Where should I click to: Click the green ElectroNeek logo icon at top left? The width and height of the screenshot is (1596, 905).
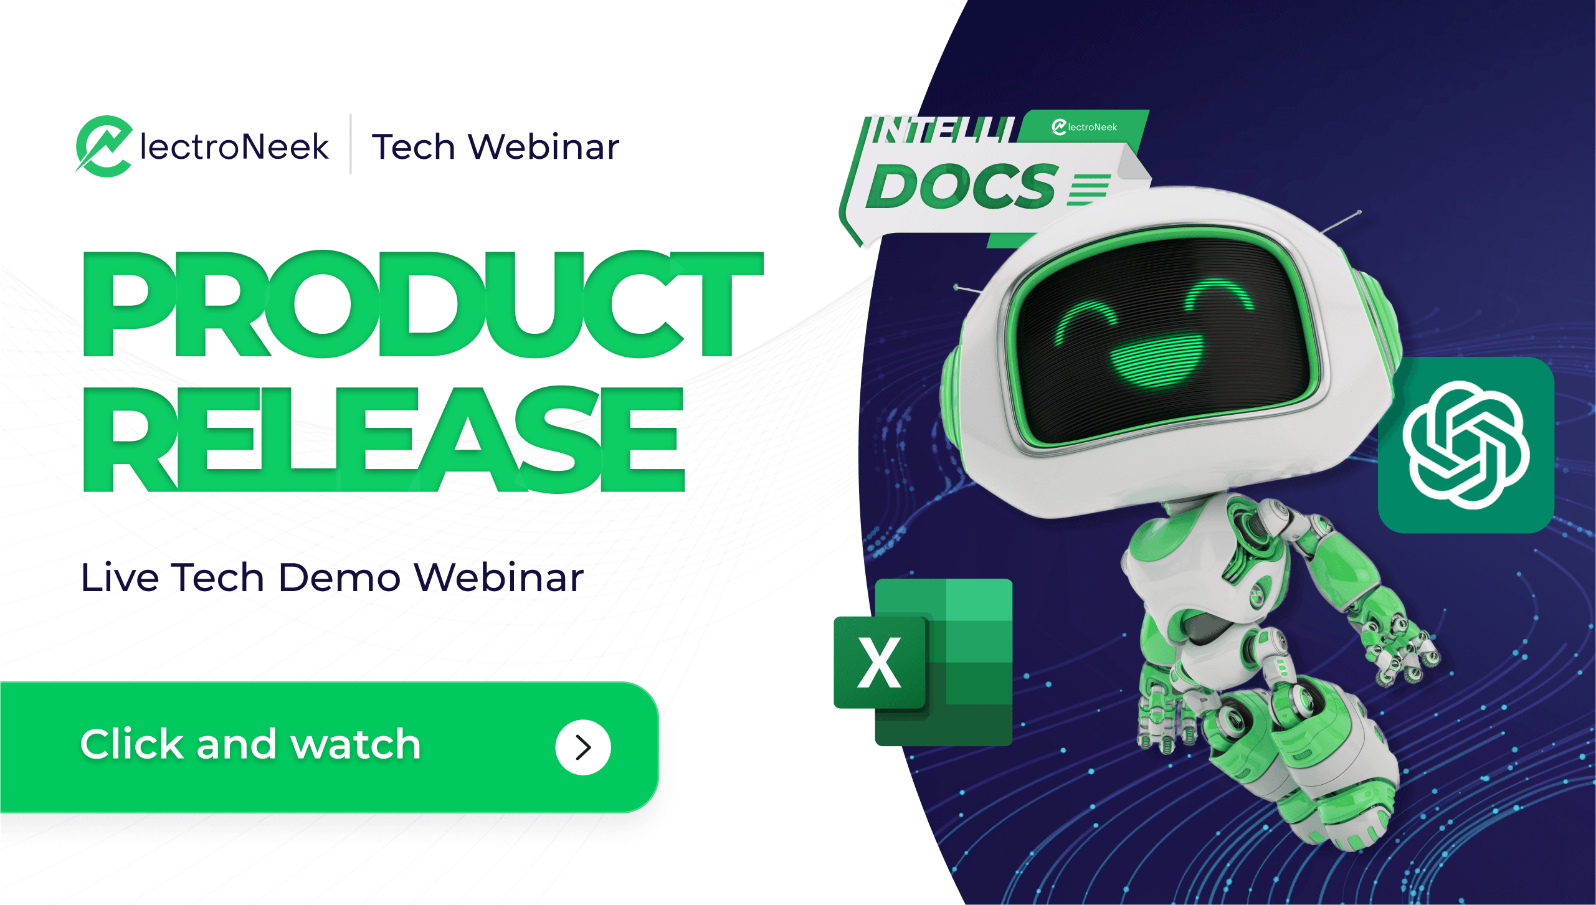click(105, 146)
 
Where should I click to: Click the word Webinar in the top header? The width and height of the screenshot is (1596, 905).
click(544, 147)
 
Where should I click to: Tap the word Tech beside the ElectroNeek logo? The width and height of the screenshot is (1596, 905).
click(414, 147)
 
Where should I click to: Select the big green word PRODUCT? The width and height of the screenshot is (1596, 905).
click(423, 304)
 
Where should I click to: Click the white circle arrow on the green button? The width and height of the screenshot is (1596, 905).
click(583, 747)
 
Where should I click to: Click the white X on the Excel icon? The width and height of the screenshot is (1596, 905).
click(879, 663)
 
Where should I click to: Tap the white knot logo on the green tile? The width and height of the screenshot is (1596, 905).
click(1466, 445)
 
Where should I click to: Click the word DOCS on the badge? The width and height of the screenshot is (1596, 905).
click(962, 186)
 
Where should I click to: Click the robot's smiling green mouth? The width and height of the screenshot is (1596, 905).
click(1158, 361)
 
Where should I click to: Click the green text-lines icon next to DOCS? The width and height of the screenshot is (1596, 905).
click(1089, 189)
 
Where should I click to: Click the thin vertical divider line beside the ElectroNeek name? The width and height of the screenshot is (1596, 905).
click(351, 144)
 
